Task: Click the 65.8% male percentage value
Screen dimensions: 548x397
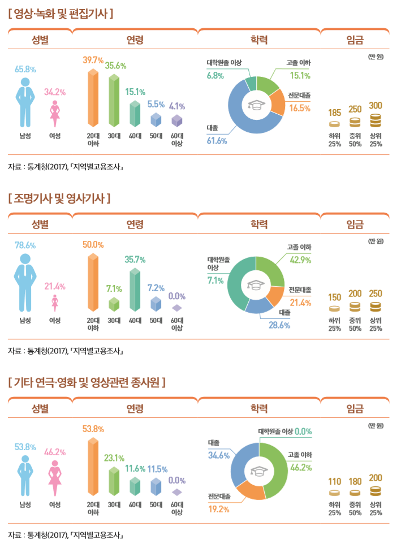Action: (25, 70)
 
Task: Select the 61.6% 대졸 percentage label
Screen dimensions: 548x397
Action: (217, 140)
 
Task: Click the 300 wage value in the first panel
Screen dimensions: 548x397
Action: (376, 106)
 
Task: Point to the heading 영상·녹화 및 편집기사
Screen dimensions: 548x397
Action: (61, 12)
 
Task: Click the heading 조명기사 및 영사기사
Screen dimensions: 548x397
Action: (59, 199)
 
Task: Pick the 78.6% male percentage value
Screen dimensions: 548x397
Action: (25, 245)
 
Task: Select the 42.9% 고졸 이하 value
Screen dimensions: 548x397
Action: (300, 260)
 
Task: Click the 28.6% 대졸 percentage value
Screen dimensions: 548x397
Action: (279, 325)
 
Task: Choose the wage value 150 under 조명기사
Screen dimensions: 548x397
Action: (335, 297)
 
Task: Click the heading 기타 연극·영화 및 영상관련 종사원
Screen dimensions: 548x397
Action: (87, 383)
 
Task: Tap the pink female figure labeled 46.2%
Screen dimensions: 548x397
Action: (55, 478)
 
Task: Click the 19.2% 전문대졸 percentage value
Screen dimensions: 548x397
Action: (218, 509)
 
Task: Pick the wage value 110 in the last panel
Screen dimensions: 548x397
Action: (335, 481)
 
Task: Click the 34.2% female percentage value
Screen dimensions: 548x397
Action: (55, 92)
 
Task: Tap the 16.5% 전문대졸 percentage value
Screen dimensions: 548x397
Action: (300, 108)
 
